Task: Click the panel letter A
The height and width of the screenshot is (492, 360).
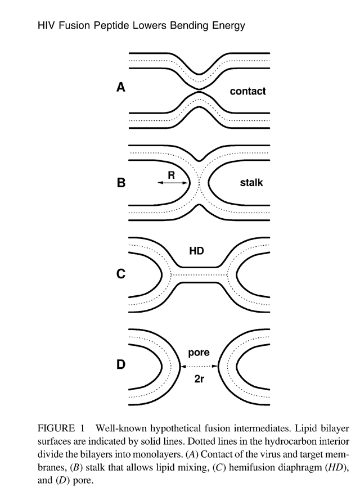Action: [121, 87]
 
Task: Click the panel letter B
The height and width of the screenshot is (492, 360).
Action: [121, 182]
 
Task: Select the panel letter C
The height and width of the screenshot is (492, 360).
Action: [121, 274]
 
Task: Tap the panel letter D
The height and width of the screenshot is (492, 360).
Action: [121, 364]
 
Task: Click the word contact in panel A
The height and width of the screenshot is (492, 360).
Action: [247, 91]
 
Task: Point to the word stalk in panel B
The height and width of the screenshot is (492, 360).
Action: [251, 183]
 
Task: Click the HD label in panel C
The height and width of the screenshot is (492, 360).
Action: [196, 251]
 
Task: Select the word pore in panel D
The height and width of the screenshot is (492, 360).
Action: [199, 353]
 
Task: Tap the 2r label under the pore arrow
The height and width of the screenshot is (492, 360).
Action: [199, 379]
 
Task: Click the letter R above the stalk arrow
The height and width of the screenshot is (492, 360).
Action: [172, 175]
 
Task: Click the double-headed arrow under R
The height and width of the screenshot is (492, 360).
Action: [173, 183]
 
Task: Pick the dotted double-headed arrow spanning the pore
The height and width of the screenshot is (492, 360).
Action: [199, 366]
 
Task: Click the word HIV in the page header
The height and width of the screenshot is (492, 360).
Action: [47, 25]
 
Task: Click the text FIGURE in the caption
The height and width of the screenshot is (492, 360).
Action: [56, 428]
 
